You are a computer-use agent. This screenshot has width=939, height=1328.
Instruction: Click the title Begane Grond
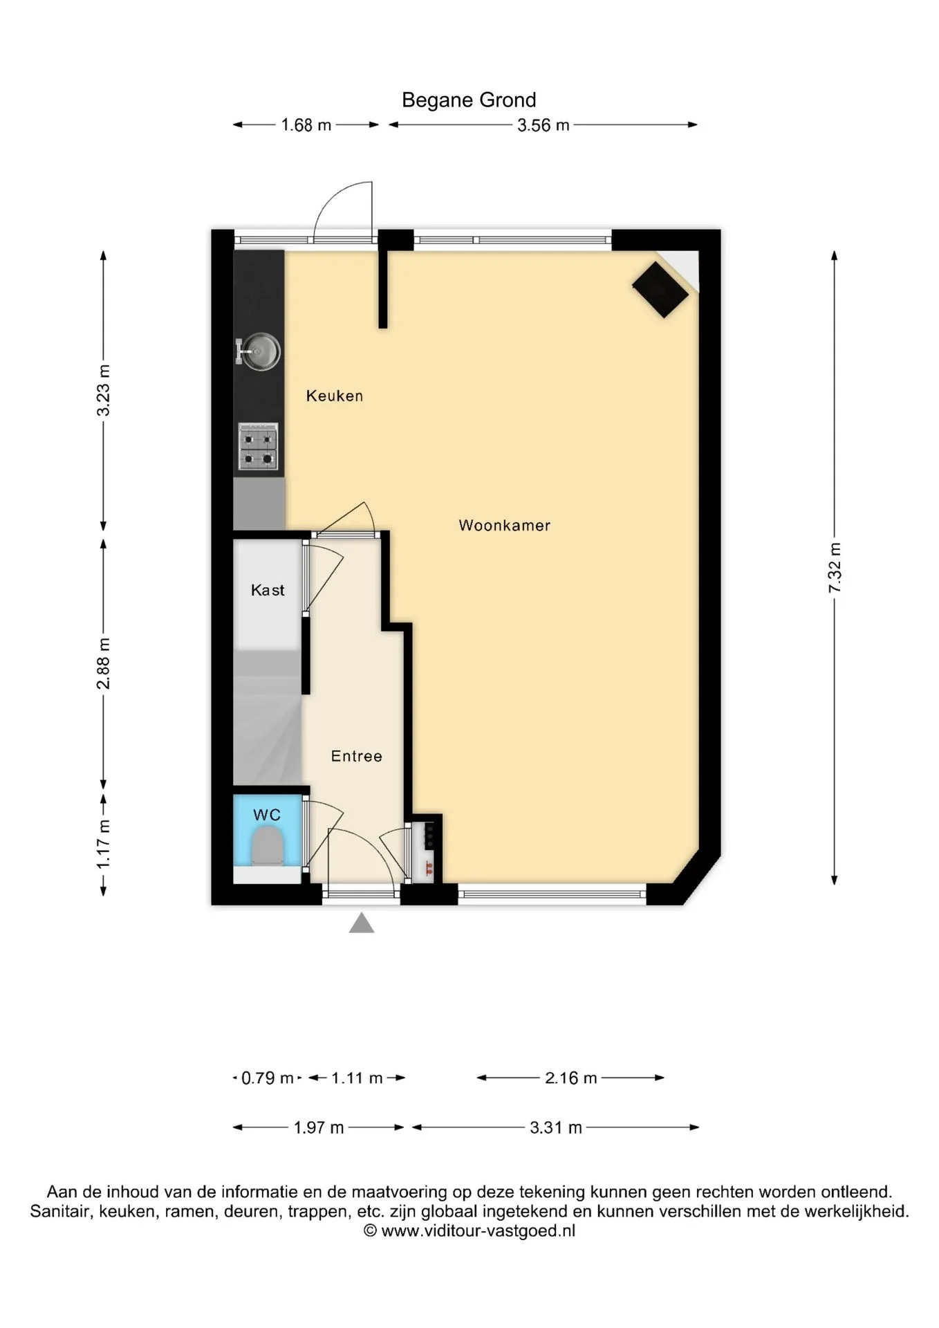point(469,100)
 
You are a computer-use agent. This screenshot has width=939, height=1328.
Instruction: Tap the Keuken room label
point(335,396)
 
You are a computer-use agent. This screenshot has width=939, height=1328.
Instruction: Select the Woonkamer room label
point(505,525)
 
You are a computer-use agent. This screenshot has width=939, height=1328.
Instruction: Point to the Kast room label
point(268,590)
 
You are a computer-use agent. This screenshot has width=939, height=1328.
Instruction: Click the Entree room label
point(357,756)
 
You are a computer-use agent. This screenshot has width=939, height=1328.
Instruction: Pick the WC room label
point(267,815)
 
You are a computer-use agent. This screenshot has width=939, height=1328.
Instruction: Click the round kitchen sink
point(259,351)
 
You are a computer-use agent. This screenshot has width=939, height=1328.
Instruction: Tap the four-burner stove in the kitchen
point(258,446)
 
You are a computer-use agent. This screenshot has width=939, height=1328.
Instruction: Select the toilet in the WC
point(267,848)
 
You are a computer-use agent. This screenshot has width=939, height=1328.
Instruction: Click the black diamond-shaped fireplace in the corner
point(660,290)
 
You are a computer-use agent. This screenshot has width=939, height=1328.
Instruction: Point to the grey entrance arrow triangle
point(362,923)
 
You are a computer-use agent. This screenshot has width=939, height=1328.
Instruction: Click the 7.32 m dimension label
point(835,568)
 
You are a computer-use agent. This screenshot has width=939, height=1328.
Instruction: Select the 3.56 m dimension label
point(543,125)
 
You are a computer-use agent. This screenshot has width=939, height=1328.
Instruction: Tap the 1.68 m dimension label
point(306,125)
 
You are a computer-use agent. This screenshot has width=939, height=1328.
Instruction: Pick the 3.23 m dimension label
point(103,390)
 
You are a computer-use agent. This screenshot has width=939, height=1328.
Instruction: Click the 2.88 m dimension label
point(103,664)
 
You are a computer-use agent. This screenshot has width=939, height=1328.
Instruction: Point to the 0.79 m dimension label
point(267,1078)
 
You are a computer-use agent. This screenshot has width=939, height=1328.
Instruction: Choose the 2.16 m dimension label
point(571,1078)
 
